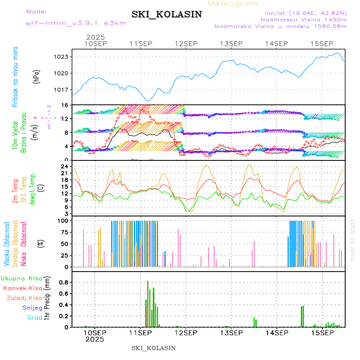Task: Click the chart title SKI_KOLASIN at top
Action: pos(167,14)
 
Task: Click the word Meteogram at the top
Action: pos(233,4)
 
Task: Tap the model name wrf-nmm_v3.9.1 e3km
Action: pos(76,23)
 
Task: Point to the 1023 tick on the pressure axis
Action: pos(62,57)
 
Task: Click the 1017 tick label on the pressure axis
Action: pos(62,90)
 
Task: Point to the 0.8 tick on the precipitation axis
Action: pos(64,282)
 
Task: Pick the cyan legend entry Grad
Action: pos(35,318)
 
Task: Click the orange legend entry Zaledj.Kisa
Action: pos(24,298)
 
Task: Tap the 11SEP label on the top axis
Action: pos(140,44)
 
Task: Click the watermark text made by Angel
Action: pos(352,240)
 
